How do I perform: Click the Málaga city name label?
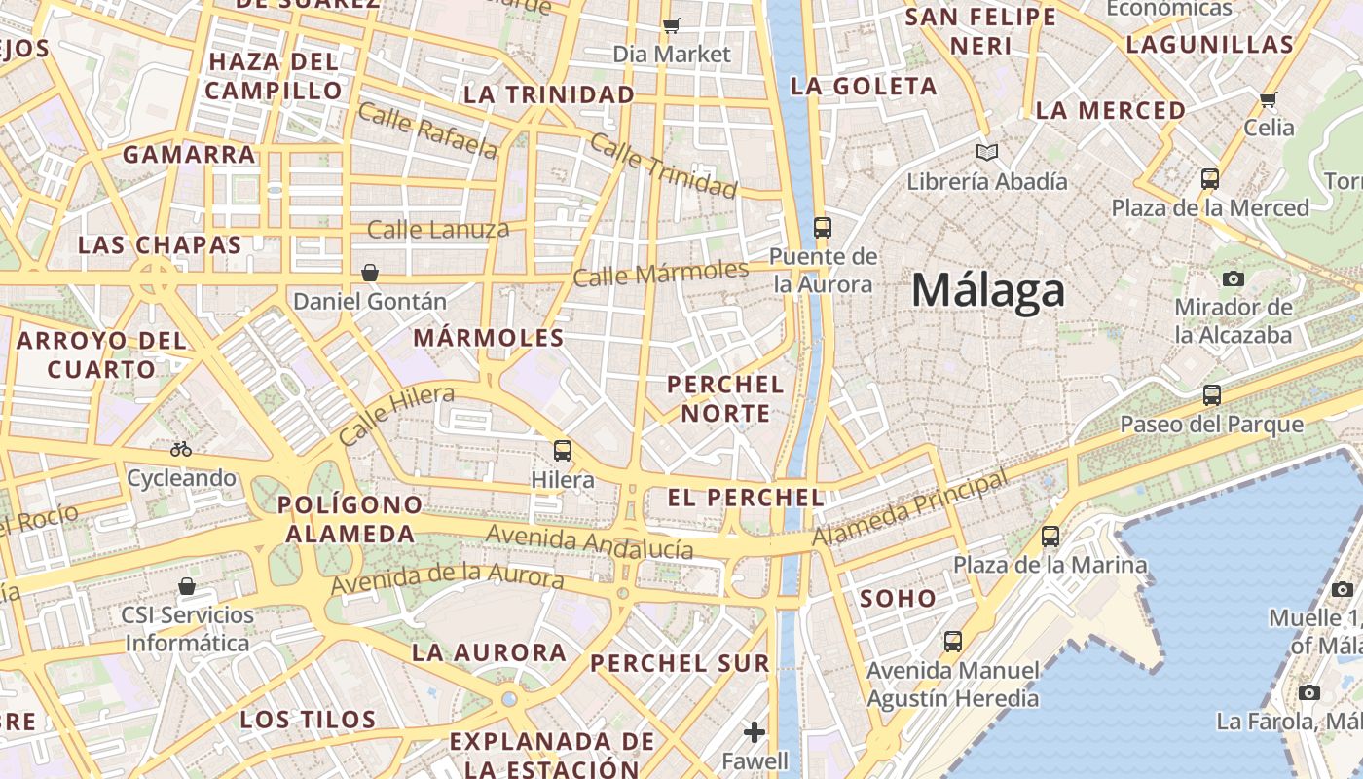(x=988, y=291)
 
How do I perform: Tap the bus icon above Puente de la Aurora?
(x=823, y=228)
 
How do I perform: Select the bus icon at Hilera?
(x=563, y=450)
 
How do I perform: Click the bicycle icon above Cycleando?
(x=181, y=449)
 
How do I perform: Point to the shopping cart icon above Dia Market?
(x=671, y=25)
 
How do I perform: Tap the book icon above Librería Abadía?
(x=987, y=153)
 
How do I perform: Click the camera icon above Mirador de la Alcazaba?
(x=1234, y=279)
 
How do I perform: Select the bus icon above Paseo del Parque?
(x=1212, y=395)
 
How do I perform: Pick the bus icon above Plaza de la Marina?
(x=1050, y=536)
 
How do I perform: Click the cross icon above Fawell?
(x=755, y=731)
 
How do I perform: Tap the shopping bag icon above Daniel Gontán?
(x=370, y=272)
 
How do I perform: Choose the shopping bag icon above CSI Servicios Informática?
(x=187, y=586)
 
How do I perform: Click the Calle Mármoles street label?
(x=660, y=273)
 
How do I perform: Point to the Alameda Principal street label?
(x=910, y=509)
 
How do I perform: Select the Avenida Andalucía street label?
(x=589, y=541)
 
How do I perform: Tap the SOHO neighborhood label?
(x=898, y=599)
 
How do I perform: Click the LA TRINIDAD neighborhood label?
(x=549, y=94)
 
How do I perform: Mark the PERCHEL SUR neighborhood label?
(x=680, y=664)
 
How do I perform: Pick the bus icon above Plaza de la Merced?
(x=1210, y=179)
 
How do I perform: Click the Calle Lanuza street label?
(x=438, y=230)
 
